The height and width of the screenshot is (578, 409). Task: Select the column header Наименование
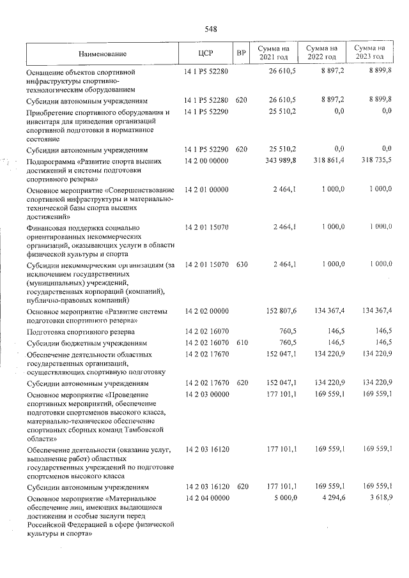tap(104, 54)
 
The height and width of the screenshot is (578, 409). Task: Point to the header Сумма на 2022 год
tap(321, 53)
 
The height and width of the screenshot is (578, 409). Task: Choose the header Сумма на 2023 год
tap(370, 53)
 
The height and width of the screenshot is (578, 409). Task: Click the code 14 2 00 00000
tap(206, 162)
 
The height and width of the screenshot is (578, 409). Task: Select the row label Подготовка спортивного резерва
tap(81, 332)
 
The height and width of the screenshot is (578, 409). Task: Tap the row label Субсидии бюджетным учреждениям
tap(87, 343)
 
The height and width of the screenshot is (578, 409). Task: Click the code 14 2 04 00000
tap(206, 497)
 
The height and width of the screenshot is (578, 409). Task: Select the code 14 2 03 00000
tap(206, 395)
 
